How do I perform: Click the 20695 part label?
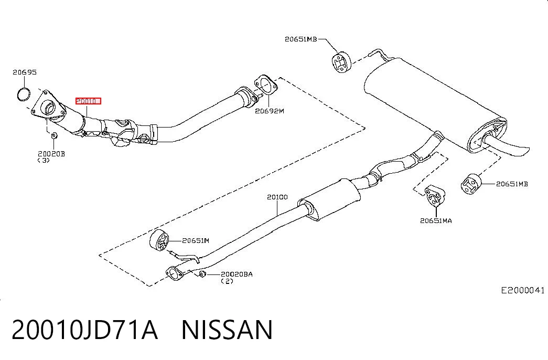pyautogui.click(x=25, y=72)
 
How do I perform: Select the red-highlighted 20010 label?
pyautogui.click(x=88, y=101)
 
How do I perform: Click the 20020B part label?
pyautogui.click(x=51, y=154)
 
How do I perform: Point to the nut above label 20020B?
pyautogui.click(x=54, y=135)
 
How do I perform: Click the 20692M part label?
pyautogui.click(x=270, y=111)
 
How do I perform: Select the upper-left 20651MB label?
pyautogui.click(x=301, y=39)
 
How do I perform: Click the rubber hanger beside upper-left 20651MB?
pyautogui.click(x=341, y=62)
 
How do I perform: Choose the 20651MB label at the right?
pyautogui.click(x=512, y=184)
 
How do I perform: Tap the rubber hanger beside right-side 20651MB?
pyautogui.click(x=471, y=183)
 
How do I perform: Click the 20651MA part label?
pyautogui.click(x=436, y=220)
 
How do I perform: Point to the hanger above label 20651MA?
pyautogui.click(x=435, y=196)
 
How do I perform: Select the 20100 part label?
pyautogui.click(x=277, y=197)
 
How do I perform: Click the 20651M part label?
pyautogui.click(x=196, y=240)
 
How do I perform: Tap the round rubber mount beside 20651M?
pyautogui.click(x=159, y=240)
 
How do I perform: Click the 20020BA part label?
pyautogui.click(x=237, y=274)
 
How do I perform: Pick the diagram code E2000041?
pyautogui.click(x=523, y=290)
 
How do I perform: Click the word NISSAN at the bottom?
pyautogui.click(x=227, y=330)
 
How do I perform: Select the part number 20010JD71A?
pyautogui.click(x=84, y=330)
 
